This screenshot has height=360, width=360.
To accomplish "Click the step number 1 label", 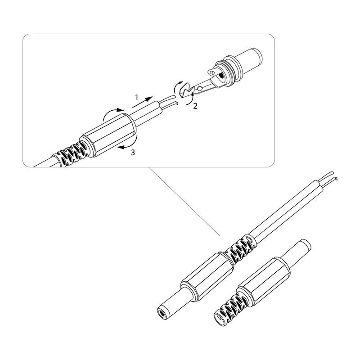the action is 137,98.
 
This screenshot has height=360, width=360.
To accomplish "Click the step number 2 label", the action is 195,106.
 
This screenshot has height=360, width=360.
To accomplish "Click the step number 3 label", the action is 133,153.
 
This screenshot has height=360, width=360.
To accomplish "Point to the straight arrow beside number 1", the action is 142,102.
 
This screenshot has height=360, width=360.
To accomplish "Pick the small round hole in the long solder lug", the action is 200,88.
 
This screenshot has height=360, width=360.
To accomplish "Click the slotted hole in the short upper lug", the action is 212,73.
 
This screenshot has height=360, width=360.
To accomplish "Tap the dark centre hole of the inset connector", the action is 221,76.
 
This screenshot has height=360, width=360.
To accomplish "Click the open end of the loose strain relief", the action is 220,319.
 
